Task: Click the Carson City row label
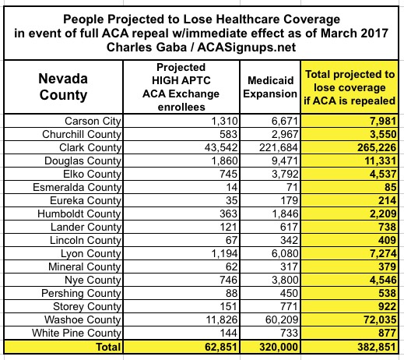(x=93, y=121)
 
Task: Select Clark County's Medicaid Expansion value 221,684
(x=278, y=147)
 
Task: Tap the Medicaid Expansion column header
(x=270, y=87)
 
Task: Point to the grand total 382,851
(x=377, y=347)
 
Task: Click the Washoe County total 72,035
(x=380, y=319)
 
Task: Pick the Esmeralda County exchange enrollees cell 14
(x=231, y=187)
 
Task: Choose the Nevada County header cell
(x=63, y=86)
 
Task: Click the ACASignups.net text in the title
(x=247, y=48)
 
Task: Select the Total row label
(x=108, y=347)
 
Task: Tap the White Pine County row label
(x=76, y=333)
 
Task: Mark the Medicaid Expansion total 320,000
(x=279, y=347)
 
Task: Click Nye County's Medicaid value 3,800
(x=285, y=280)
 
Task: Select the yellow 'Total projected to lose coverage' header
(x=350, y=87)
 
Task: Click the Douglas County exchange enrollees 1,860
(x=224, y=161)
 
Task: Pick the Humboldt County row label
(x=79, y=214)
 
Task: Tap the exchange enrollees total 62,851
(x=221, y=347)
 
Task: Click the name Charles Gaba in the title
(x=146, y=48)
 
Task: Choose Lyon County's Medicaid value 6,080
(x=285, y=253)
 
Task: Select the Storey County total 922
(x=387, y=306)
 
